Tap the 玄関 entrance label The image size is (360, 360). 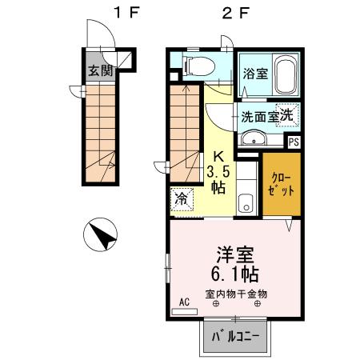pos(99,69)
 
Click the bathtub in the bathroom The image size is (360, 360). pos(285,77)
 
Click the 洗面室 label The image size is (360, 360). pos(259,117)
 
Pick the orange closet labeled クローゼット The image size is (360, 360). pos(283,186)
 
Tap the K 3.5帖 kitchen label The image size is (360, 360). pos(219,172)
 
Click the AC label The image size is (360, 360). pos(184,302)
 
